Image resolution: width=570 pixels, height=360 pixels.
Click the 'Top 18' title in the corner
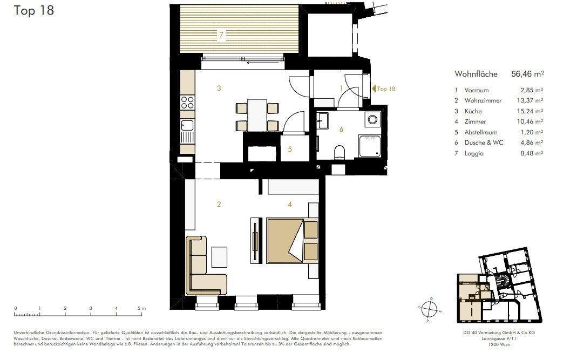[x=33, y=10]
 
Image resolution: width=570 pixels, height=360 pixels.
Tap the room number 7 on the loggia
[x=220, y=36]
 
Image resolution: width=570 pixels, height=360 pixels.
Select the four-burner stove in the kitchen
[x=187, y=102]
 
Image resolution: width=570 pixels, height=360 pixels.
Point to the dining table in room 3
[x=257, y=115]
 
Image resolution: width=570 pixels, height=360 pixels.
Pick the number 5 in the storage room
[x=290, y=149]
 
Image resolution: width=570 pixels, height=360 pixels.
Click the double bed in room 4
[x=287, y=240]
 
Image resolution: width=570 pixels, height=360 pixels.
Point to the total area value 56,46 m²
[x=527, y=74]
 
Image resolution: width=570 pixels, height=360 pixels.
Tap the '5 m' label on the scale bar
[x=141, y=308]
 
